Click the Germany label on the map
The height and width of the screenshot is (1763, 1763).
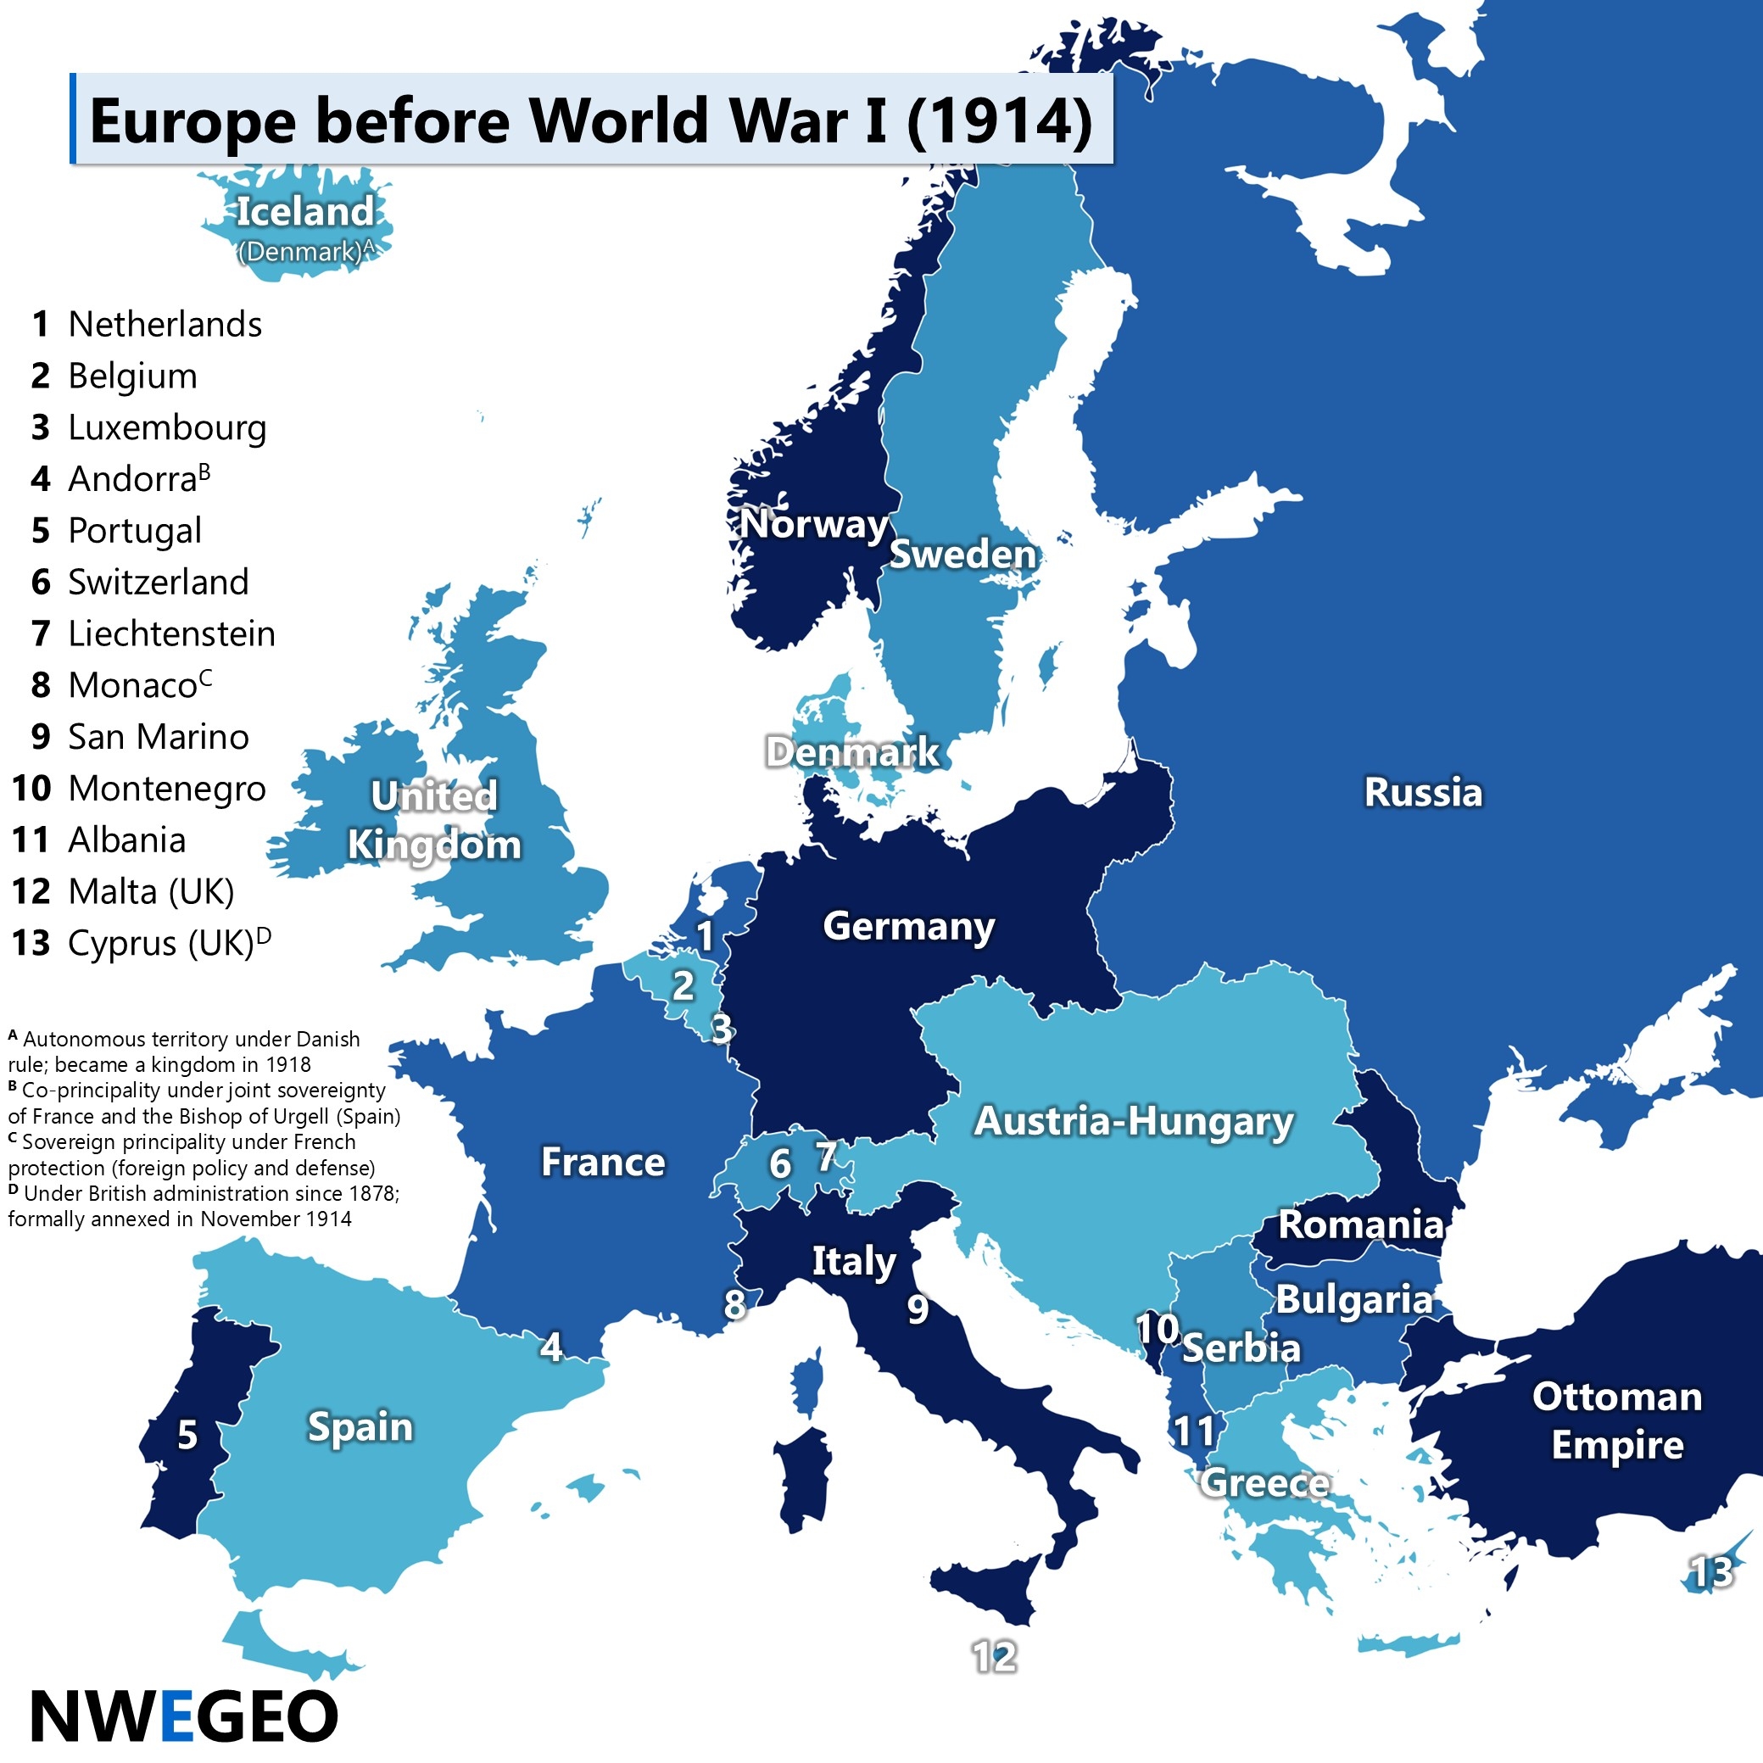[908, 926]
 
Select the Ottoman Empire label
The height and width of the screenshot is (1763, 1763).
[1617, 1420]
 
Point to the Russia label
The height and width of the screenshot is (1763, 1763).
[1423, 792]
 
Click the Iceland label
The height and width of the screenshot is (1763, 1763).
[304, 212]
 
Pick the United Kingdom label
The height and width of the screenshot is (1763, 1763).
[434, 820]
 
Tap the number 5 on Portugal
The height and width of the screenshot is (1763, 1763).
[187, 1436]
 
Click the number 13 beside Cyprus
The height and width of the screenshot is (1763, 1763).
[1711, 1572]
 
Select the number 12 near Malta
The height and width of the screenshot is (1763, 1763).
[994, 1656]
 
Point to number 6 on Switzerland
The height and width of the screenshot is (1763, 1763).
[780, 1163]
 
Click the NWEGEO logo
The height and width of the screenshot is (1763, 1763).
[184, 1716]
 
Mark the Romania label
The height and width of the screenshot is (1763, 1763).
[1360, 1225]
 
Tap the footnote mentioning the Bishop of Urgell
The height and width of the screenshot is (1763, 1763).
[204, 1103]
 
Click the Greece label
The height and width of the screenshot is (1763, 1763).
[1264, 1483]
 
